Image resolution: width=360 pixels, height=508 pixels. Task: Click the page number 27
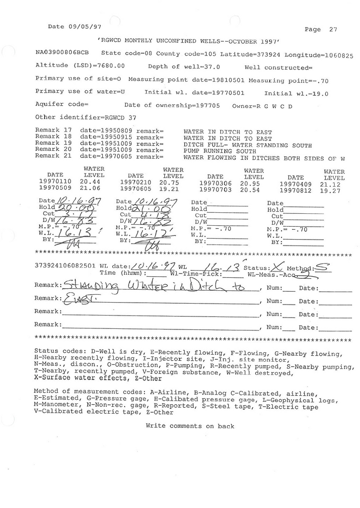(x=333, y=29)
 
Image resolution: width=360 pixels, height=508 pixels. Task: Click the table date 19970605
(x=136, y=189)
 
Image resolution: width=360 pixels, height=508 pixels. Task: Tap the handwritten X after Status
(x=275, y=266)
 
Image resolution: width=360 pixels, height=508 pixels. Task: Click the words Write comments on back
(x=190, y=426)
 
